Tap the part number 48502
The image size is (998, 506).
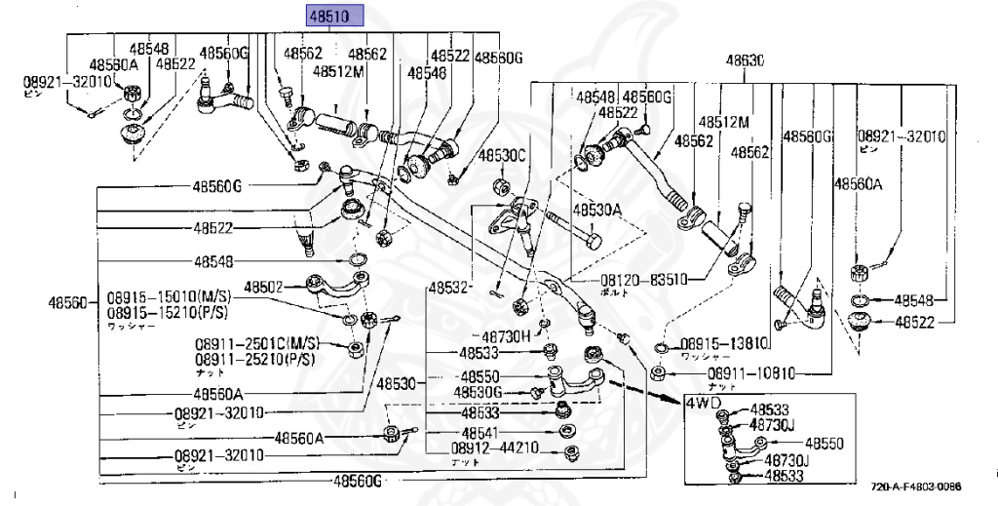[263, 288]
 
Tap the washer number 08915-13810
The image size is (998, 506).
[724, 343]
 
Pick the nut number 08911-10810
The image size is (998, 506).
[751, 371]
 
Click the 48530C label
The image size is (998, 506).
[502, 155]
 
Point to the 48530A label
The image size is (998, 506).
[596, 210]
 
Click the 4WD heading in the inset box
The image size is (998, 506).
[704, 402]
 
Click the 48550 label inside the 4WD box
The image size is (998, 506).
[825, 444]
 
